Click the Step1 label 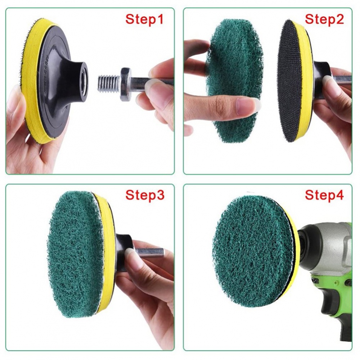coord(144,19)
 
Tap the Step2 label coord(324,19)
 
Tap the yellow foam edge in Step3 coord(107,252)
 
